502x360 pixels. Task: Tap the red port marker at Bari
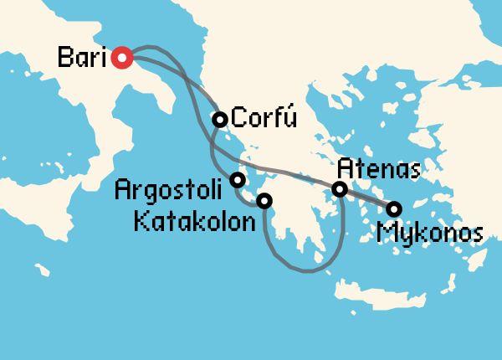coord(122,58)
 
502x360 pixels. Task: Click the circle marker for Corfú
coord(219,120)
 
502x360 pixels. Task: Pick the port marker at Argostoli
coord(238,179)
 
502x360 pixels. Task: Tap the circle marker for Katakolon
coord(264,201)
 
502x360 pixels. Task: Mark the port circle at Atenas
coord(340,189)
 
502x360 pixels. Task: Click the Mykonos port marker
coord(393,208)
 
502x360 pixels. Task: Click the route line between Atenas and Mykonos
coord(366,199)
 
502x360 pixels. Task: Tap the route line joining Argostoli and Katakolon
coord(248,199)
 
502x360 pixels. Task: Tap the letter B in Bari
coord(64,59)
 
